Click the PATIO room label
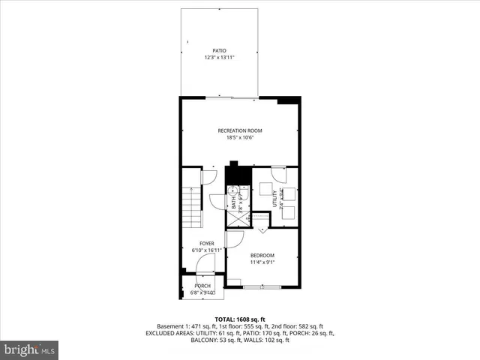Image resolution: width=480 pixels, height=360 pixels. [x=219, y=51]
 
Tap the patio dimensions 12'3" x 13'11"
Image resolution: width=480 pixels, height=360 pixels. [x=219, y=58]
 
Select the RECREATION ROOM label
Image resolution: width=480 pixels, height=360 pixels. [x=240, y=130]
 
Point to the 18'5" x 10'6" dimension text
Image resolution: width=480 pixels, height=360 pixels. [x=240, y=137]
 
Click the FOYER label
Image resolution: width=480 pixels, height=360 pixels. [x=207, y=244]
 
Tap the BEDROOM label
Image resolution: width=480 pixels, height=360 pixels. [x=262, y=255]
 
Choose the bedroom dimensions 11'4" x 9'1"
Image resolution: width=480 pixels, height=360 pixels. [x=262, y=262]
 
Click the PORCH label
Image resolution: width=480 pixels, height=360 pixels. [x=202, y=286]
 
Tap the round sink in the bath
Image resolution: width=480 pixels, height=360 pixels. [x=232, y=188]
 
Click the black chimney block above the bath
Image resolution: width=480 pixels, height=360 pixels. [x=238, y=174]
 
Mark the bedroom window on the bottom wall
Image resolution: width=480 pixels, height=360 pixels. [x=263, y=286]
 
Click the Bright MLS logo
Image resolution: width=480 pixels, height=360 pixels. [x=30, y=349]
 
